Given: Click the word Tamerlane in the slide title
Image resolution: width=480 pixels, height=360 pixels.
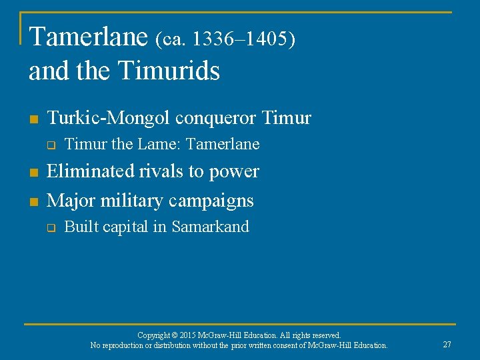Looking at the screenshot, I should tap(88, 37).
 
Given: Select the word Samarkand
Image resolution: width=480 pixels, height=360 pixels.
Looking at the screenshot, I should tap(210, 227).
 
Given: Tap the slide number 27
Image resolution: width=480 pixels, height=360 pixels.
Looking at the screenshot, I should tap(447, 344).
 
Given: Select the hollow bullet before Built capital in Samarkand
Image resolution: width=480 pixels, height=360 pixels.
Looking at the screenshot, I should tap(50, 228).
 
